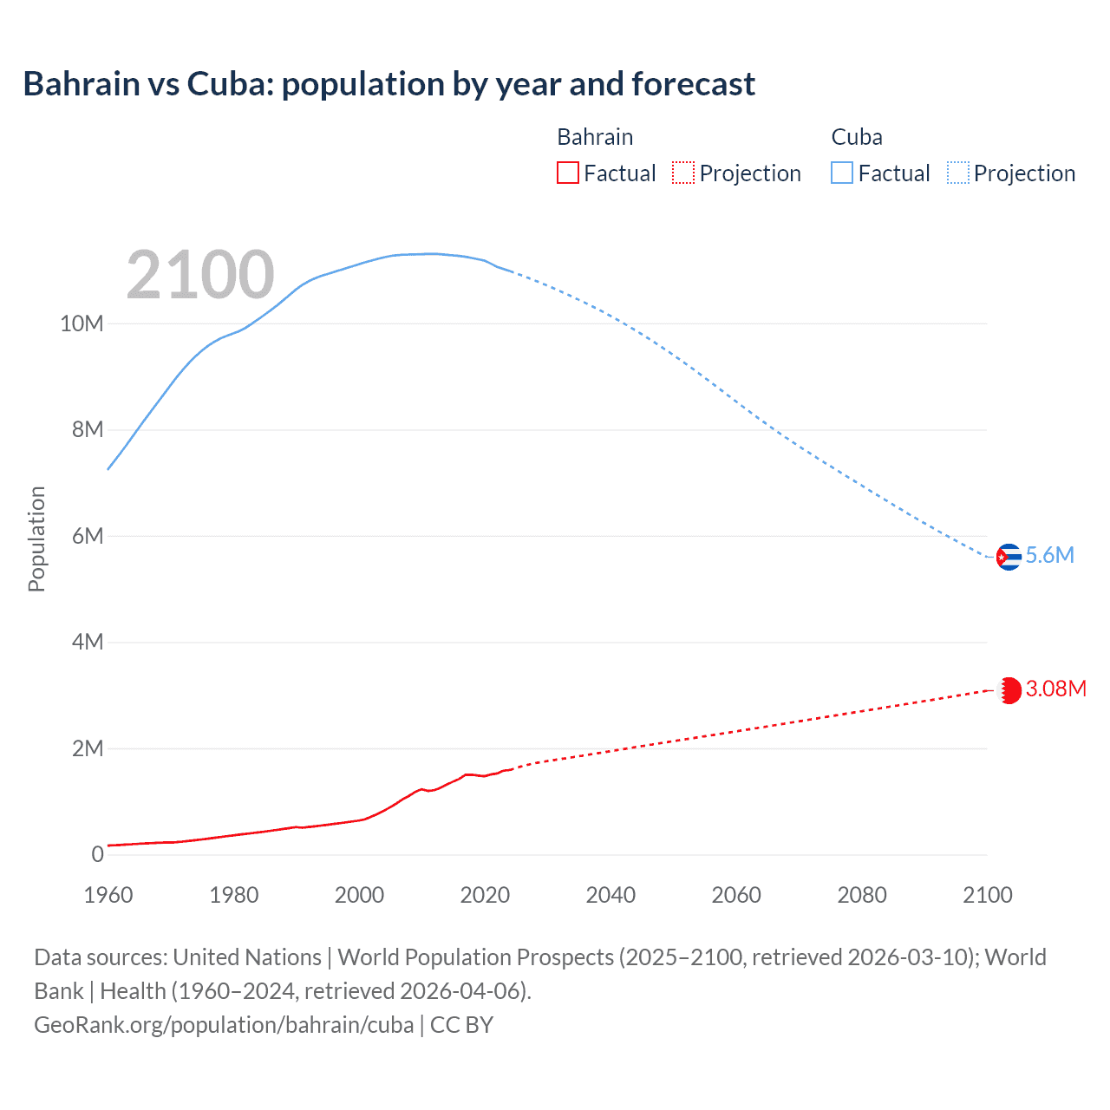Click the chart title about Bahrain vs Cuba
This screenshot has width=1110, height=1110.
(x=388, y=84)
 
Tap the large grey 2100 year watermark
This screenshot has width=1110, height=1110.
(x=200, y=275)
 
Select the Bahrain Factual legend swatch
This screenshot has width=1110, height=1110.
(x=567, y=173)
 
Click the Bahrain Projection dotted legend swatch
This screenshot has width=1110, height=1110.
(x=683, y=173)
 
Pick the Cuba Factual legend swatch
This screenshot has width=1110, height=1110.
(x=842, y=173)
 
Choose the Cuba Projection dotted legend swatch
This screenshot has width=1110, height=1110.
(x=958, y=173)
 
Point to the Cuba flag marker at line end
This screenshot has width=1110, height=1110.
(x=1008, y=557)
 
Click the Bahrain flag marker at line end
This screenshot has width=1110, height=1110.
(x=1009, y=690)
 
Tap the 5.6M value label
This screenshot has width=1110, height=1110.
(x=1049, y=556)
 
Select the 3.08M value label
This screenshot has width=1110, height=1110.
(x=1055, y=689)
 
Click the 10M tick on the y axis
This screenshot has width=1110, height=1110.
(x=82, y=324)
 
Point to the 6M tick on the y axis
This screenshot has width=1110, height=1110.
(x=88, y=537)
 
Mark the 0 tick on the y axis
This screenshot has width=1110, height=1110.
(x=97, y=855)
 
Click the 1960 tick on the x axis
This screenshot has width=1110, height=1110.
(x=108, y=895)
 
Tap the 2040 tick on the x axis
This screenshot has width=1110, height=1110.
(x=610, y=895)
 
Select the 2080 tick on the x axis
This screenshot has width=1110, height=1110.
(x=862, y=895)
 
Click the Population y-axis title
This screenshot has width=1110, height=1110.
(x=36, y=539)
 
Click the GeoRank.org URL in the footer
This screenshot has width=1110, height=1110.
(x=224, y=1025)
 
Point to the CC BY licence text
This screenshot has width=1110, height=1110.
(x=461, y=1025)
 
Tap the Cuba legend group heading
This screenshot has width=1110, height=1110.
(x=857, y=137)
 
